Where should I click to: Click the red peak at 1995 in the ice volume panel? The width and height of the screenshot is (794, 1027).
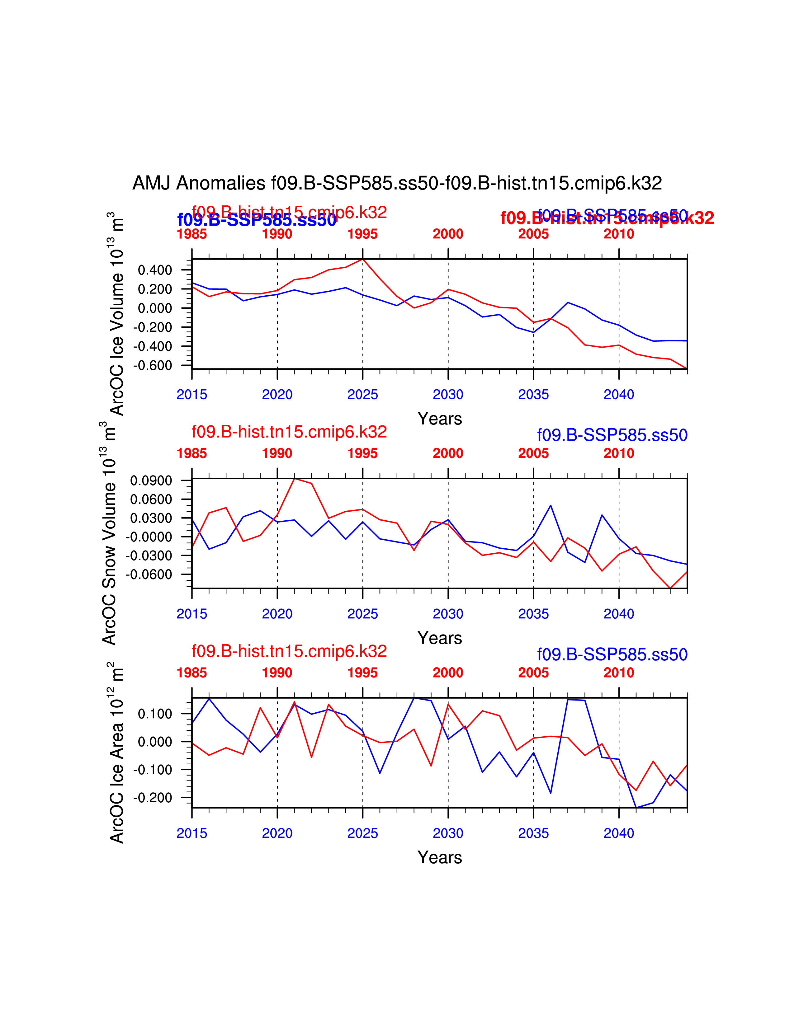pos(363,260)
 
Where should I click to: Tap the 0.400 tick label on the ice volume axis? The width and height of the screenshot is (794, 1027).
pos(155,270)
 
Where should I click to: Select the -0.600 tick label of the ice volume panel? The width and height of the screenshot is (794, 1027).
pos(152,365)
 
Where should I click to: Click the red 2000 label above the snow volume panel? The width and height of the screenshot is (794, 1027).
pos(448,453)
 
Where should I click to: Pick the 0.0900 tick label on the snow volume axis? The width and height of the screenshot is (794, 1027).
pos(151,481)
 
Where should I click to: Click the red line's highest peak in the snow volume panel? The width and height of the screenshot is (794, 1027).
pos(295,478)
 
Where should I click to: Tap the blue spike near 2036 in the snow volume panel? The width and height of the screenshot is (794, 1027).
pos(551,505)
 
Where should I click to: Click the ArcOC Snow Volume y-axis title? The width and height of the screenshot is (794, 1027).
pos(110,534)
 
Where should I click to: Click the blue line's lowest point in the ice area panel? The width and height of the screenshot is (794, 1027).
pos(636,808)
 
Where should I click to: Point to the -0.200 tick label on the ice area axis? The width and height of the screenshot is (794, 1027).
pos(152,798)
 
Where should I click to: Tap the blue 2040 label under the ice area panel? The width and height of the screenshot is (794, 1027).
pos(619,833)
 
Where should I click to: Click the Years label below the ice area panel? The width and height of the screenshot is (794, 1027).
pos(439,857)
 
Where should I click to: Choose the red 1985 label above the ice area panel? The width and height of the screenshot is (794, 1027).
pos(191,673)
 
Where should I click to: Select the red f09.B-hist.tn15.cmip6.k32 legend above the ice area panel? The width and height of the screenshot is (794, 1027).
pos(289,651)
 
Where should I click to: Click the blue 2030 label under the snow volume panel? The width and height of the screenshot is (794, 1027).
pos(448,614)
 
